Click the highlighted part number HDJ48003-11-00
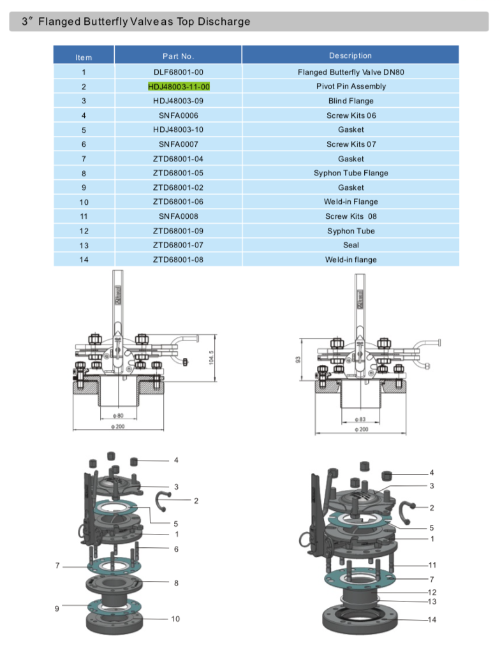coord(179,86)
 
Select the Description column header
coord(350,56)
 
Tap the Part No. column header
coord(179,57)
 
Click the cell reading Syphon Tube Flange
coord(351,173)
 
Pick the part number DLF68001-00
coord(179,72)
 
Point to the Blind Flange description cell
coord(351,101)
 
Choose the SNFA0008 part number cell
coord(179,216)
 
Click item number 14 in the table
coord(84,260)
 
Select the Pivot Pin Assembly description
coord(351,86)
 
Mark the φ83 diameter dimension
coord(361,420)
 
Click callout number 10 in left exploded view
coord(175,619)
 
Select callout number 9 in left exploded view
coord(57,608)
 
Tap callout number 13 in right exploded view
coord(432,601)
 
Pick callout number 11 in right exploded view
coord(432,565)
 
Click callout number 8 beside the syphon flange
coord(176,583)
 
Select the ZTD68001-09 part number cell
coord(179,231)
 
